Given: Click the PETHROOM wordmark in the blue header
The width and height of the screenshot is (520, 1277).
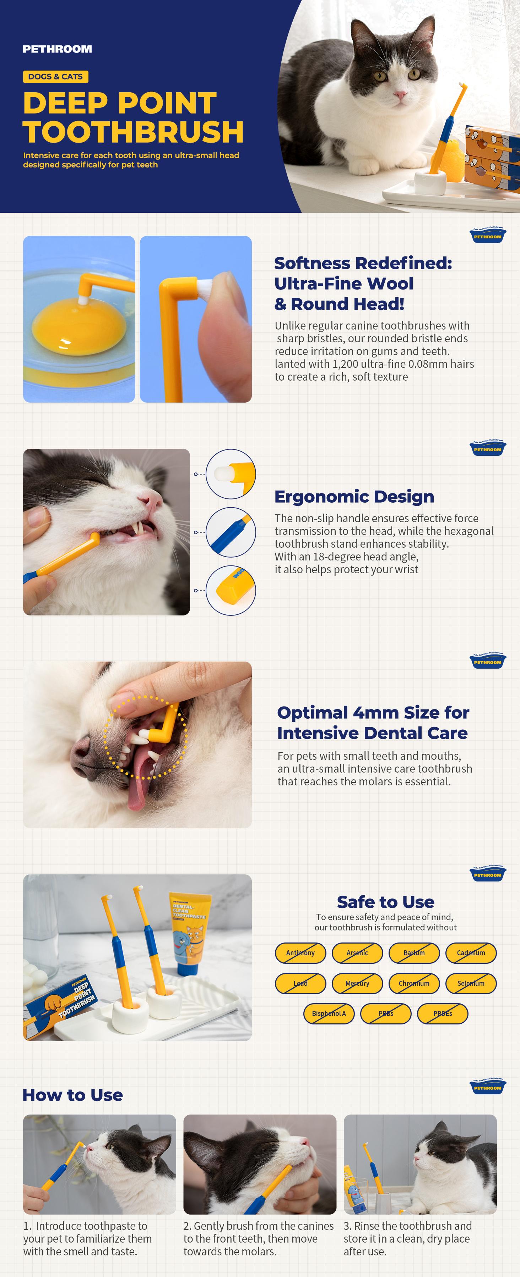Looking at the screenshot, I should [x=57, y=49].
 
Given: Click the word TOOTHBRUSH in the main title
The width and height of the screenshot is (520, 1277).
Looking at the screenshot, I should [x=133, y=132].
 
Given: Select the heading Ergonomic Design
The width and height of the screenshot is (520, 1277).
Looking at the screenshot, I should [x=354, y=496].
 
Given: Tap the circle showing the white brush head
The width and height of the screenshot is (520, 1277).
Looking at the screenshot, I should [x=231, y=474].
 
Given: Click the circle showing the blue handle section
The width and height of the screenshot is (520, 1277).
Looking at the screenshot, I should [x=231, y=532].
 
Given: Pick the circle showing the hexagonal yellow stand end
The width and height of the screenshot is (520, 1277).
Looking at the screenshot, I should [x=231, y=590].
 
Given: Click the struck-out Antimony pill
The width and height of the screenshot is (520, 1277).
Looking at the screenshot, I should [x=300, y=953].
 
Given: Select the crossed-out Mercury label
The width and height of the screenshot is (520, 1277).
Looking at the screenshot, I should [x=357, y=983].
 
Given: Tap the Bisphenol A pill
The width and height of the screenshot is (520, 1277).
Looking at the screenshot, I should [x=329, y=1013].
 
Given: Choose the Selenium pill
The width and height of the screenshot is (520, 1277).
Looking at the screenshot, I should [x=471, y=983].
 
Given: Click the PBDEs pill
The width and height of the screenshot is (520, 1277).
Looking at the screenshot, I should [x=442, y=1013].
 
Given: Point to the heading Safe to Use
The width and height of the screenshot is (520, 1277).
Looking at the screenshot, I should [x=385, y=902].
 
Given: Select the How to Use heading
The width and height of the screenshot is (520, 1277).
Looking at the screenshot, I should [x=72, y=1095].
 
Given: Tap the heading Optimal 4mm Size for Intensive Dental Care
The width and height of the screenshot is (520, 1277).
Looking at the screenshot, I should [x=373, y=722].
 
